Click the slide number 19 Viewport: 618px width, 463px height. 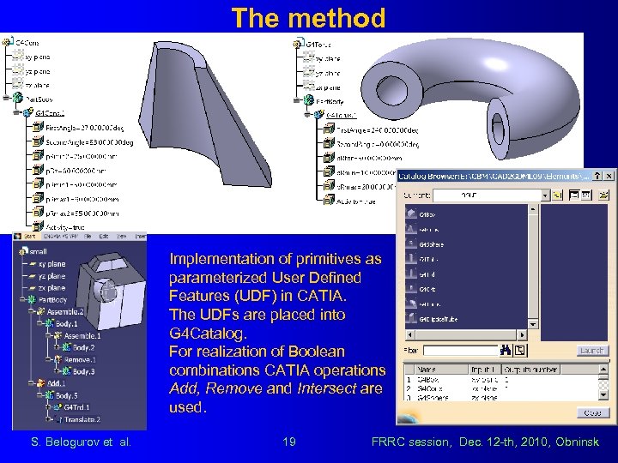point(290,442)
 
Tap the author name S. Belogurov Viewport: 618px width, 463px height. point(58,442)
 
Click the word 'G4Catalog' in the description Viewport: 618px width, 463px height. point(203,334)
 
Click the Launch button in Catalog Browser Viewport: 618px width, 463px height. point(592,351)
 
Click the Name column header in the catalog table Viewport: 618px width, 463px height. point(427,369)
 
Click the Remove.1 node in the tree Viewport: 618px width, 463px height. point(81,360)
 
